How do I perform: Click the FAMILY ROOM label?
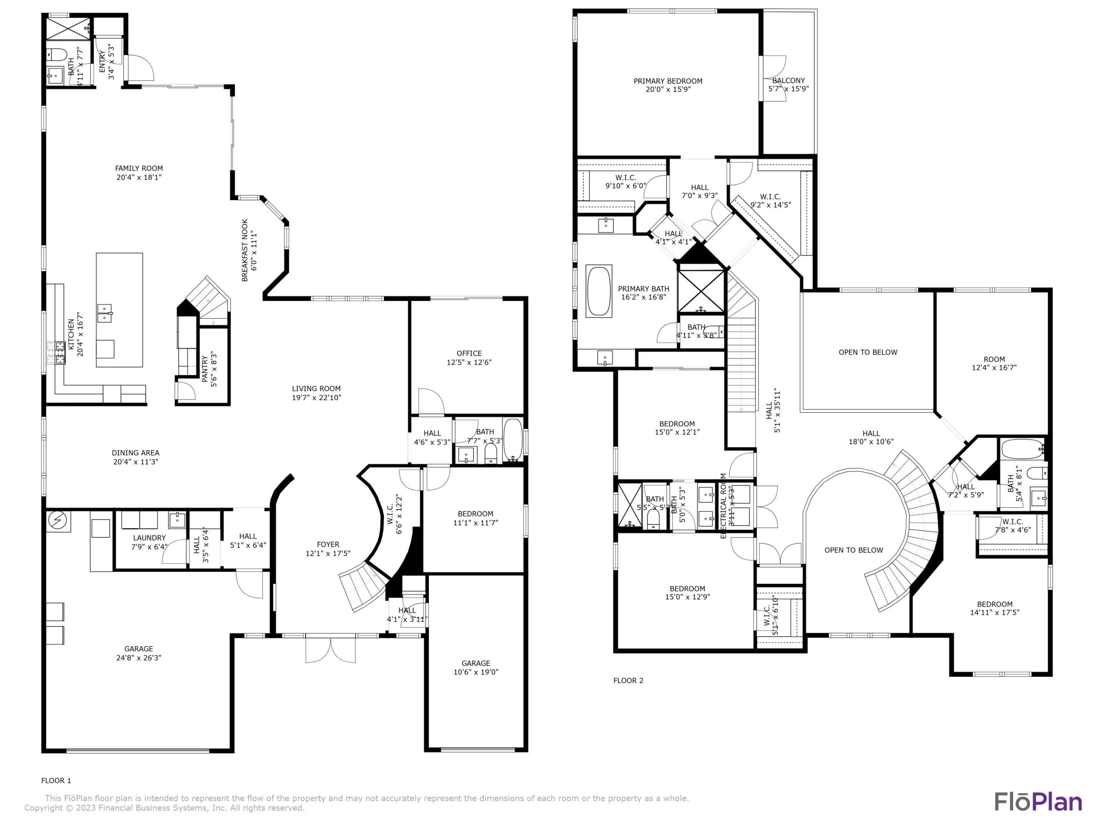pos(139,169)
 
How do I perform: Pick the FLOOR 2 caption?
pos(628,681)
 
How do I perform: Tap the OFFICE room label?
pos(469,353)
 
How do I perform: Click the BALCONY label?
pos(788,80)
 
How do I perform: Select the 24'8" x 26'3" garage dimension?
pos(139,658)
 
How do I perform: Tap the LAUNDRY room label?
pos(149,538)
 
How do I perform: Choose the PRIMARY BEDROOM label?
pos(668,81)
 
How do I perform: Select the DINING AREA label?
pos(135,453)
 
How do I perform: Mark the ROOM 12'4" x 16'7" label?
pos(994,363)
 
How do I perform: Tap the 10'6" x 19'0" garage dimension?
pos(476,672)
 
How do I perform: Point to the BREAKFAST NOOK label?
pos(244,250)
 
